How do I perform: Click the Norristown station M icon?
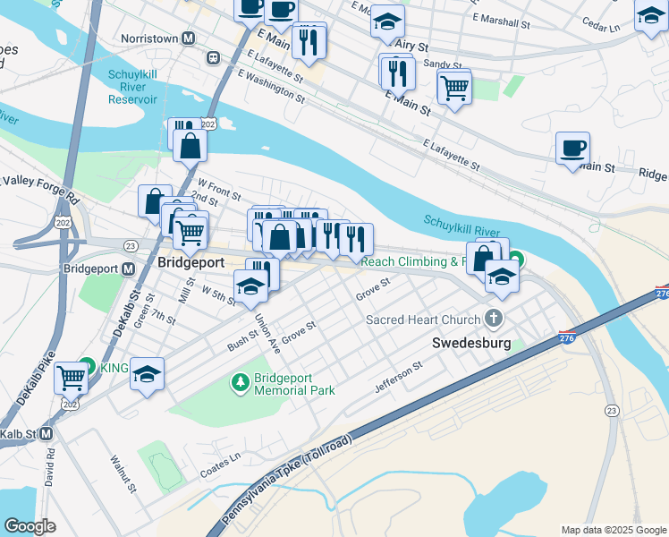click(188, 39)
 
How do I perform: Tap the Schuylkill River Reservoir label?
click(145, 87)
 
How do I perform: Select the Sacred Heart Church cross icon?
click(493, 319)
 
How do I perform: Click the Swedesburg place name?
click(470, 343)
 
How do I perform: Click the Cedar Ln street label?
click(599, 27)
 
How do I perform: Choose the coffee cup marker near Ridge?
click(572, 148)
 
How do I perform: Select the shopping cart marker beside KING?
click(71, 377)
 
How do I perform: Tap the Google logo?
click(30, 526)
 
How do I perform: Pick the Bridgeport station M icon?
click(128, 268)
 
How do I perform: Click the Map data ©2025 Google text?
click(613, 530)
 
